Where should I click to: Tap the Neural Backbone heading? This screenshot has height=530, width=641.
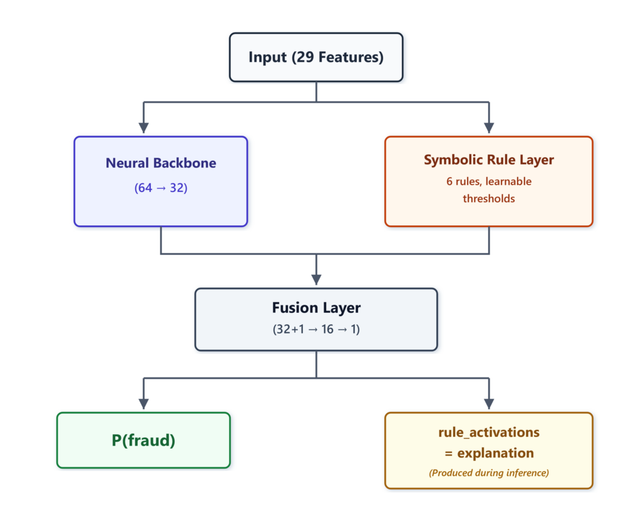[x=161, y=163]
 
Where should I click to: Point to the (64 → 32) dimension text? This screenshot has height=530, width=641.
[x=161, y=188]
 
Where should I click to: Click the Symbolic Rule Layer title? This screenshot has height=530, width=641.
[x=488, y=160]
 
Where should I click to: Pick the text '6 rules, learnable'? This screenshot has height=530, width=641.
[x=488, y=181]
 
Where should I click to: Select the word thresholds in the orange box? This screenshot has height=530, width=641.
[x=488, y=198]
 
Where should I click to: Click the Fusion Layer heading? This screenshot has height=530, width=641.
[x=316, y=308]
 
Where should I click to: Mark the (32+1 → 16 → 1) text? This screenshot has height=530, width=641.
[x=316, y=329]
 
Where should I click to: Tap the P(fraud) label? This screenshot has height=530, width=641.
[x=143, y=441]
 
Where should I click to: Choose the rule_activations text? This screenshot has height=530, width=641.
[x=488, y=432]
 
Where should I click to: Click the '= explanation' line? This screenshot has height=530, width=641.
[x=488, y=453]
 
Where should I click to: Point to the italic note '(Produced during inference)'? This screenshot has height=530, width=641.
[x=488, y=473]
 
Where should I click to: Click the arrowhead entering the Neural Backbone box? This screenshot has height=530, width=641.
[x=143, y=128]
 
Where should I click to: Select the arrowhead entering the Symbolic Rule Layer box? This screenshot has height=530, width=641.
[x=489, y=128]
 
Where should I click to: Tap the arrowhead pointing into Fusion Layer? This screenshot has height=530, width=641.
[x=316, y=279]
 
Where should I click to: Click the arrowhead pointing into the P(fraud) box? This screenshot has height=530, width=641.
[x=143, y=404]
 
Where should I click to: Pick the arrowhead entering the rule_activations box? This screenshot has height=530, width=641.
[x=489, y=404]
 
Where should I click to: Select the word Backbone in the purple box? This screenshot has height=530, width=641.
[x=187, y=163]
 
